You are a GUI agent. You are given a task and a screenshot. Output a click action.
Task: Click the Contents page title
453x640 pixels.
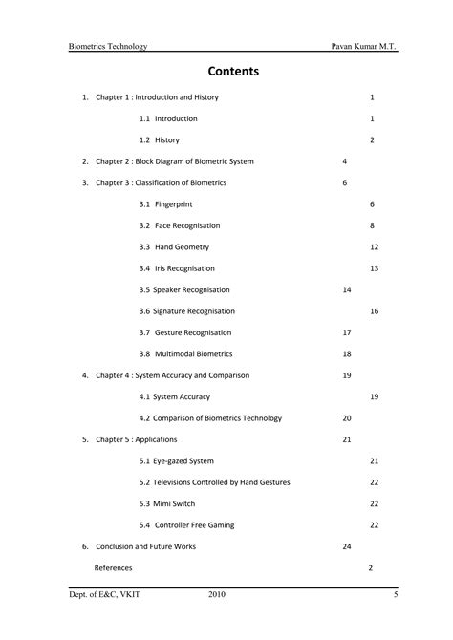[226, 72]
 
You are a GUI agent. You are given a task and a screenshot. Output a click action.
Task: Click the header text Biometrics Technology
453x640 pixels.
[107, 47]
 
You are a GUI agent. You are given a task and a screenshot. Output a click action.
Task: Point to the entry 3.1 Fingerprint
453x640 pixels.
[165, 204]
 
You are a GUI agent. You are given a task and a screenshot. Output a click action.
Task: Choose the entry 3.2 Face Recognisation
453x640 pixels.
[179, 225]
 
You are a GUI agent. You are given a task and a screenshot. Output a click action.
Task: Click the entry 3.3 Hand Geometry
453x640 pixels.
[173, 246]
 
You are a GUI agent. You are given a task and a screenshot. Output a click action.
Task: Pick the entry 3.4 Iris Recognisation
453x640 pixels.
[177, 268]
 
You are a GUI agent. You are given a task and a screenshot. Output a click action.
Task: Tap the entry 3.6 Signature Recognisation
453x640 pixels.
[186, 311]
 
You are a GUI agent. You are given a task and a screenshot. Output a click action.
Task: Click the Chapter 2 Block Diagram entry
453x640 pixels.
[175, 161]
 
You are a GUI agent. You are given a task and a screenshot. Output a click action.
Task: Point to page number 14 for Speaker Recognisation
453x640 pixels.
[346, 289]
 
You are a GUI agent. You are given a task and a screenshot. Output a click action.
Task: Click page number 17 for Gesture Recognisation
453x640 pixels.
[346, 332]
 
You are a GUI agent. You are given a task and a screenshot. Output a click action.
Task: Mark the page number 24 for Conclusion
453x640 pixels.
[346, 546]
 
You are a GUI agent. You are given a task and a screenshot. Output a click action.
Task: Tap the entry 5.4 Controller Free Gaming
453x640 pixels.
[186, 524]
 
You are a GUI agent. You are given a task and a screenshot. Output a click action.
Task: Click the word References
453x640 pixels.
[113, 567]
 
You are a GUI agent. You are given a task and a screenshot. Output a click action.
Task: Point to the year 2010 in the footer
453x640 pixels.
[217, 596]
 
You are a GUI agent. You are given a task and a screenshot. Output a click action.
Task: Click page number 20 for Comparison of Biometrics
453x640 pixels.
[346, 418]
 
